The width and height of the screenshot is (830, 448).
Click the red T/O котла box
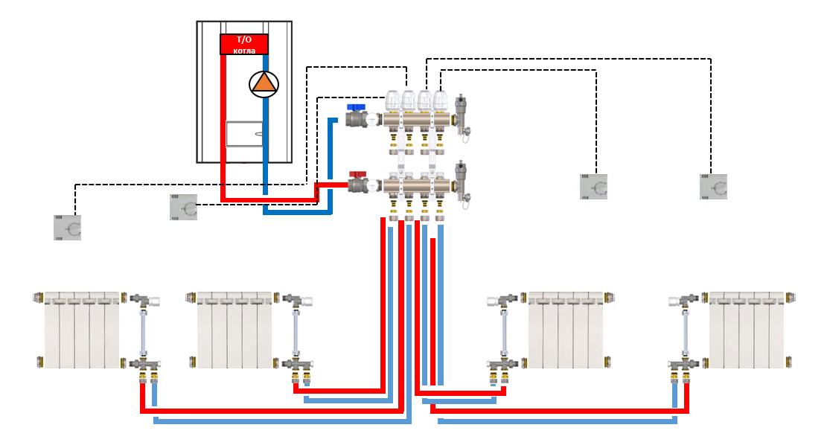pyautogui.click(x=244, y=44)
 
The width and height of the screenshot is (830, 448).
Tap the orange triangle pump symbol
pyautogui.click(x=263, y=83)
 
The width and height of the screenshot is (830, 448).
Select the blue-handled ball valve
pyautogui.click(x=358, y=117)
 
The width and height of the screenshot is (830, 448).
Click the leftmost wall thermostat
pyautogui.click(x=67, y=227)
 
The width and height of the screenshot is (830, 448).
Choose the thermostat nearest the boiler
pyautogui.click(x=183, y=207)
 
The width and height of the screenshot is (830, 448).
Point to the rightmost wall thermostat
pyautogui.click(x=713, y=186)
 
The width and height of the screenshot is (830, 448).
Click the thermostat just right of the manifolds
pyautogui.click(x=594, y=186)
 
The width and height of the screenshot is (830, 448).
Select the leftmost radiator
pyautogui.click(x=81, y=330)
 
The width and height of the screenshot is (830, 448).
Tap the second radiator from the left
pyautogui.click(x=235, y=330)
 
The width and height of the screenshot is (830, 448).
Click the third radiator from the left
pyautogui.click(x=565, y=330)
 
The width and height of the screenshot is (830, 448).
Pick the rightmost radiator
pyautogui.click(x=747, y=330)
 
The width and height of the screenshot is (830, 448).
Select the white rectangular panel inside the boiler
pyautogui.click(x=244, y=133)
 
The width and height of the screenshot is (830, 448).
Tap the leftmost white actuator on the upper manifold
pyautogui.click(x=392, y=101)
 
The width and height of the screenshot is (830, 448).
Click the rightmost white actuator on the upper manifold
pyautogui.click(x=441, y=101)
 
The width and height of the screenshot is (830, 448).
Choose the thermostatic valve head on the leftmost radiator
pyautogui.click(x=153, y=301)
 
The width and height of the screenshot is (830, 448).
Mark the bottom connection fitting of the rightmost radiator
pyautogui.click(x=681, y=364)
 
